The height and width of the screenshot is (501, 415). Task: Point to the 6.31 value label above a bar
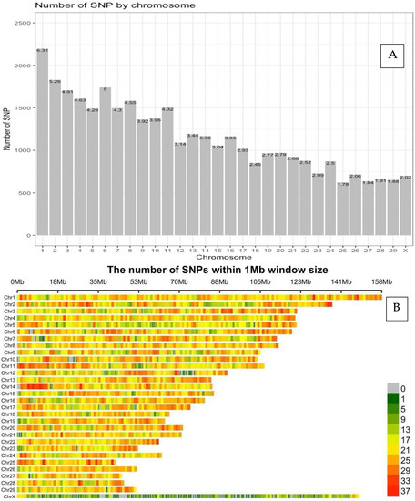[41, 50]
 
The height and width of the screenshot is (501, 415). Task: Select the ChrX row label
[9, 496]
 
